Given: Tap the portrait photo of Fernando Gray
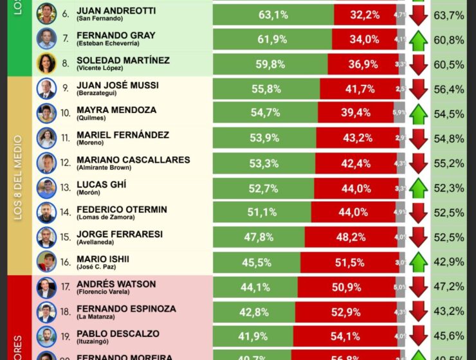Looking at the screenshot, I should pyautogui.click(x=46, y=39).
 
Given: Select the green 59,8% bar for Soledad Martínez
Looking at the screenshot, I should pyautogui.click(x=270, y=64).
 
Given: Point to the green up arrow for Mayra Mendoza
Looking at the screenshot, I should pyautogui.click(x=418, y=114).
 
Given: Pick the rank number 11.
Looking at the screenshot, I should pyautogui.click(x=66, y=138).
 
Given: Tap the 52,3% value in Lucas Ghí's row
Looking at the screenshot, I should pyautogui.click(x=449, y=188).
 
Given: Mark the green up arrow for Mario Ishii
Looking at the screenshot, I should pyautogui.click(x=418, y=262).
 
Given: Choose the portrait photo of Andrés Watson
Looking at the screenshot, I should pyautogui.click(x=46, y=287).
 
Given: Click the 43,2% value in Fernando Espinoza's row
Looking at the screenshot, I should pyautogui.click(x=449, y=311).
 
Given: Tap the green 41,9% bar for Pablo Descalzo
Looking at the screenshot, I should pyautogui.click(x=253, y=336).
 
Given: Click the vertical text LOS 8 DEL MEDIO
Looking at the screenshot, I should pyautogui.click(x=18, y=177).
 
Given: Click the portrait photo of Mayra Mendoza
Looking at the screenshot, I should pyautogui.click(x=46, y=114).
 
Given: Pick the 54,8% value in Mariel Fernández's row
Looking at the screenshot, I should pyautogui.click(x=449, y=138).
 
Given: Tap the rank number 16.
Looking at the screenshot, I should pyautogui.click(x=66, y=262).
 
